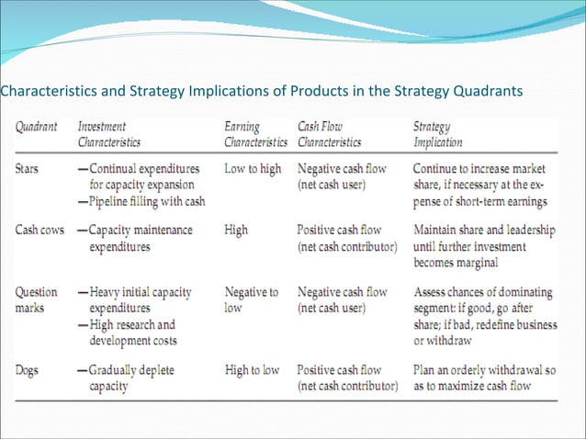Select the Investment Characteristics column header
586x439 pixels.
pyautogui.click(x=115, y=135)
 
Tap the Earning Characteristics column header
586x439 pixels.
pyautogui.click(x=255, y=135)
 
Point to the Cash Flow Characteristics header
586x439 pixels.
pyautogui.click(x=330, y=135)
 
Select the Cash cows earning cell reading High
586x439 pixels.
pyautogui.click(x=236, y=231)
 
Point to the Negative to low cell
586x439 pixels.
pyautogui.click(x=252, y=300)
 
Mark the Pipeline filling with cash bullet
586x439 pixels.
pyautogui.click(x=143, y=200)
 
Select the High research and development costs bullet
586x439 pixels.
pyautogui.click(x=133, y=332)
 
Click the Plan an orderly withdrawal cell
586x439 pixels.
pyautogui.click(x=483, y=377)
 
